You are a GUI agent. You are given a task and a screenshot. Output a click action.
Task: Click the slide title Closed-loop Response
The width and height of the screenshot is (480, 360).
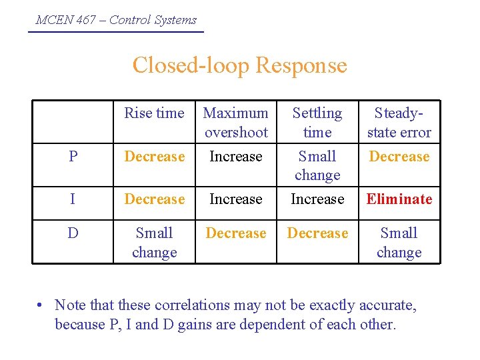click(x=239, y=65)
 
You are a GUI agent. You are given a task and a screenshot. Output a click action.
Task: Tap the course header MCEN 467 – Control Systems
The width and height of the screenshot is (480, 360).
click(x=116, y=20)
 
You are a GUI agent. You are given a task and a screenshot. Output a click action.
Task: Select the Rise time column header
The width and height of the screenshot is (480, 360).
click(x=154, y=113)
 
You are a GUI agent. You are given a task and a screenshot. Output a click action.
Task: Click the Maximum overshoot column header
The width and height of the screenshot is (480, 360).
click(x=236, y=123)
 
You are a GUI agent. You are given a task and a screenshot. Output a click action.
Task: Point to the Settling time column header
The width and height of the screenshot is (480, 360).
click(x=317, y=123)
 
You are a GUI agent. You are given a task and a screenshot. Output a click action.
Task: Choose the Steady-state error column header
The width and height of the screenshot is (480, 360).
click(x=399, y=123)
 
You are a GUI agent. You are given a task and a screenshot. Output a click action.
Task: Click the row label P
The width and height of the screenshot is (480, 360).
click(x=73, y=157)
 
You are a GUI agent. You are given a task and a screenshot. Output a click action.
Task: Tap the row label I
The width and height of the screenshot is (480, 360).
click(x=73, y=199)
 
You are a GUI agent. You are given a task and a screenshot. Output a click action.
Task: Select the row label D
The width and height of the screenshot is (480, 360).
click(x=73, y=233)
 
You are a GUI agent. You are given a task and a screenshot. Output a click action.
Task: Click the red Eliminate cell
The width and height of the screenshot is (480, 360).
click(x=399, y=199)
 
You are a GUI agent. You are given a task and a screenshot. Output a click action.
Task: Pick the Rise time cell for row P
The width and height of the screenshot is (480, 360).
click(x=154, y=157)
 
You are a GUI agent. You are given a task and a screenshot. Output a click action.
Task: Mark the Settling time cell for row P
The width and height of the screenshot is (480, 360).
click(x=317, y=165)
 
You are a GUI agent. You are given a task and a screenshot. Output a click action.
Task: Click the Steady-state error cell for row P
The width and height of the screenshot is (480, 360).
click(x=399, y=157)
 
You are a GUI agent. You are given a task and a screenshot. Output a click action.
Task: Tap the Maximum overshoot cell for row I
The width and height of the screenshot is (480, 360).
click(x=236, y=199)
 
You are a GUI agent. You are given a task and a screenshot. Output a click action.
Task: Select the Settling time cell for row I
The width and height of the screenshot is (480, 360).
click(x=317, y=199)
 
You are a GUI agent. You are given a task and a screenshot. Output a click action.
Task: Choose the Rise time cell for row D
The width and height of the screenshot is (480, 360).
click(x=154, y=243)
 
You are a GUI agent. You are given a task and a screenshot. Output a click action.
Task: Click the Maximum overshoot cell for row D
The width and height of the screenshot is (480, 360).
click(x=236, y=233)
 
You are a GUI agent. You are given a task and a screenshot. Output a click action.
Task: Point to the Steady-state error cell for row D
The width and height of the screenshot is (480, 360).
click(x=399, y=243)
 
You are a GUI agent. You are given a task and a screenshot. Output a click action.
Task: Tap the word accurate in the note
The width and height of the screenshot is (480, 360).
click(x=387, y=305)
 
